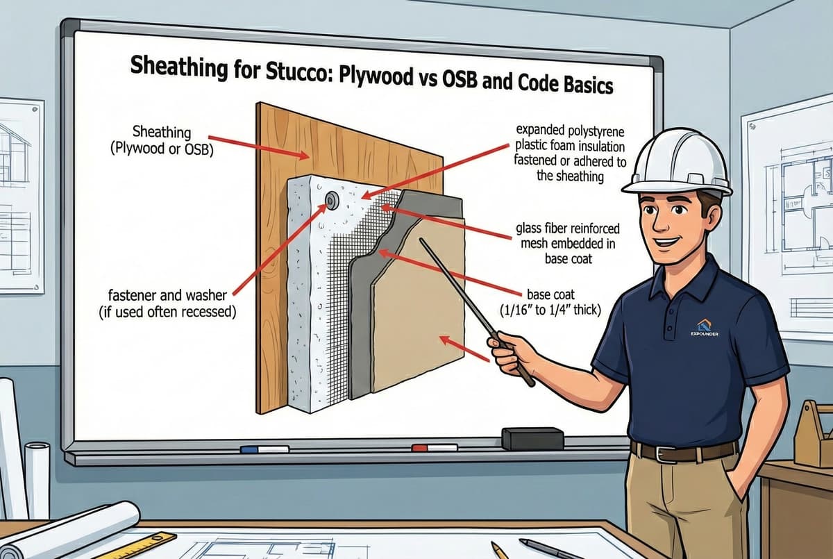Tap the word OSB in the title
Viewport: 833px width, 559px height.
tap(460, 81)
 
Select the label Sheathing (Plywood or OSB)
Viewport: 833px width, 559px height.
tap(162, 140)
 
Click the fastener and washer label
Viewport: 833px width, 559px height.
tap(167, 303)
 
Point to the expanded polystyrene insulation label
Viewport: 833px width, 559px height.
tap(570, 153)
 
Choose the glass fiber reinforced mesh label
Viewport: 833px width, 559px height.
tap(568, 243)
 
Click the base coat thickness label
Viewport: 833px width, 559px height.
tap(550, 301)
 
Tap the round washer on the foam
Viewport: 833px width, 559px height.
tap(332, 201)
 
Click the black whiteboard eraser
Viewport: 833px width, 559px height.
tap(532, 438)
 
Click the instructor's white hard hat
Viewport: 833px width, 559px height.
tap(678, 162)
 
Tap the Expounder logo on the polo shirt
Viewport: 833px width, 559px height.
tap(705, 327)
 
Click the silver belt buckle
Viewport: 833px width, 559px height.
tap(662, 453)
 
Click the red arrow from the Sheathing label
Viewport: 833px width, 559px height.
tap(258, 148)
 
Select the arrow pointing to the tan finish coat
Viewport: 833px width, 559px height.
tap(464, 349)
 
